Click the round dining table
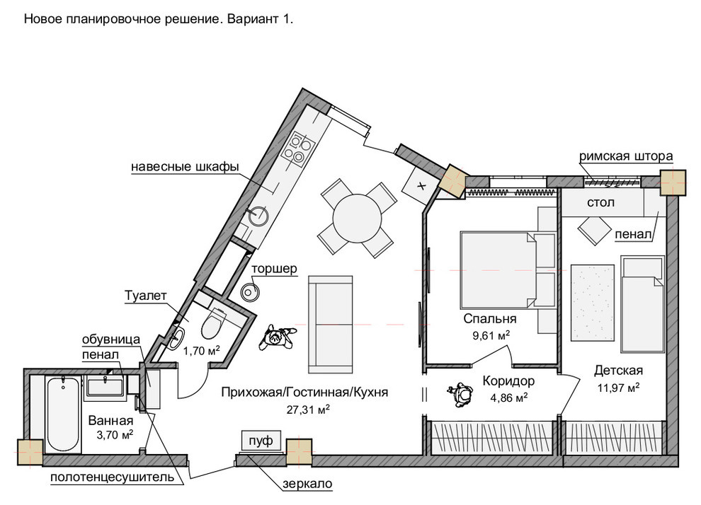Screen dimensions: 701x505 point(357,219)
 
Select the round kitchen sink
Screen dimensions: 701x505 point(258,216)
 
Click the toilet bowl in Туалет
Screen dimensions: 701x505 point(214,323)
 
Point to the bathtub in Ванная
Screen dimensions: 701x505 point(63,414)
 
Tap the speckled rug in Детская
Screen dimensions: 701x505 point(593,303)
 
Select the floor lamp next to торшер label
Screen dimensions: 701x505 point(250,292)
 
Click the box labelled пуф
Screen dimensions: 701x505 point(261,441)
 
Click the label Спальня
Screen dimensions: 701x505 point(490,319)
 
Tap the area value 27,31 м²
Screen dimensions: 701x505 point(308,409)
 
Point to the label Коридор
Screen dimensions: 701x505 point(508,381)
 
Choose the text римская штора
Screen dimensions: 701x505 point(626,156)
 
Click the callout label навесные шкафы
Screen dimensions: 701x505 point(185,166)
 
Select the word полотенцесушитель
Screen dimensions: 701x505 point(112,477)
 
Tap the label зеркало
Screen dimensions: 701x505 point(307,484)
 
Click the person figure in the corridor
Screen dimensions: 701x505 point(460,394)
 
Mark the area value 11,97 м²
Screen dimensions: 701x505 point(618,388)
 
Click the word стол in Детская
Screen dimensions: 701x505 point(600,202)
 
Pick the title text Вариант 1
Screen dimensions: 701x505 point(260,19)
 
